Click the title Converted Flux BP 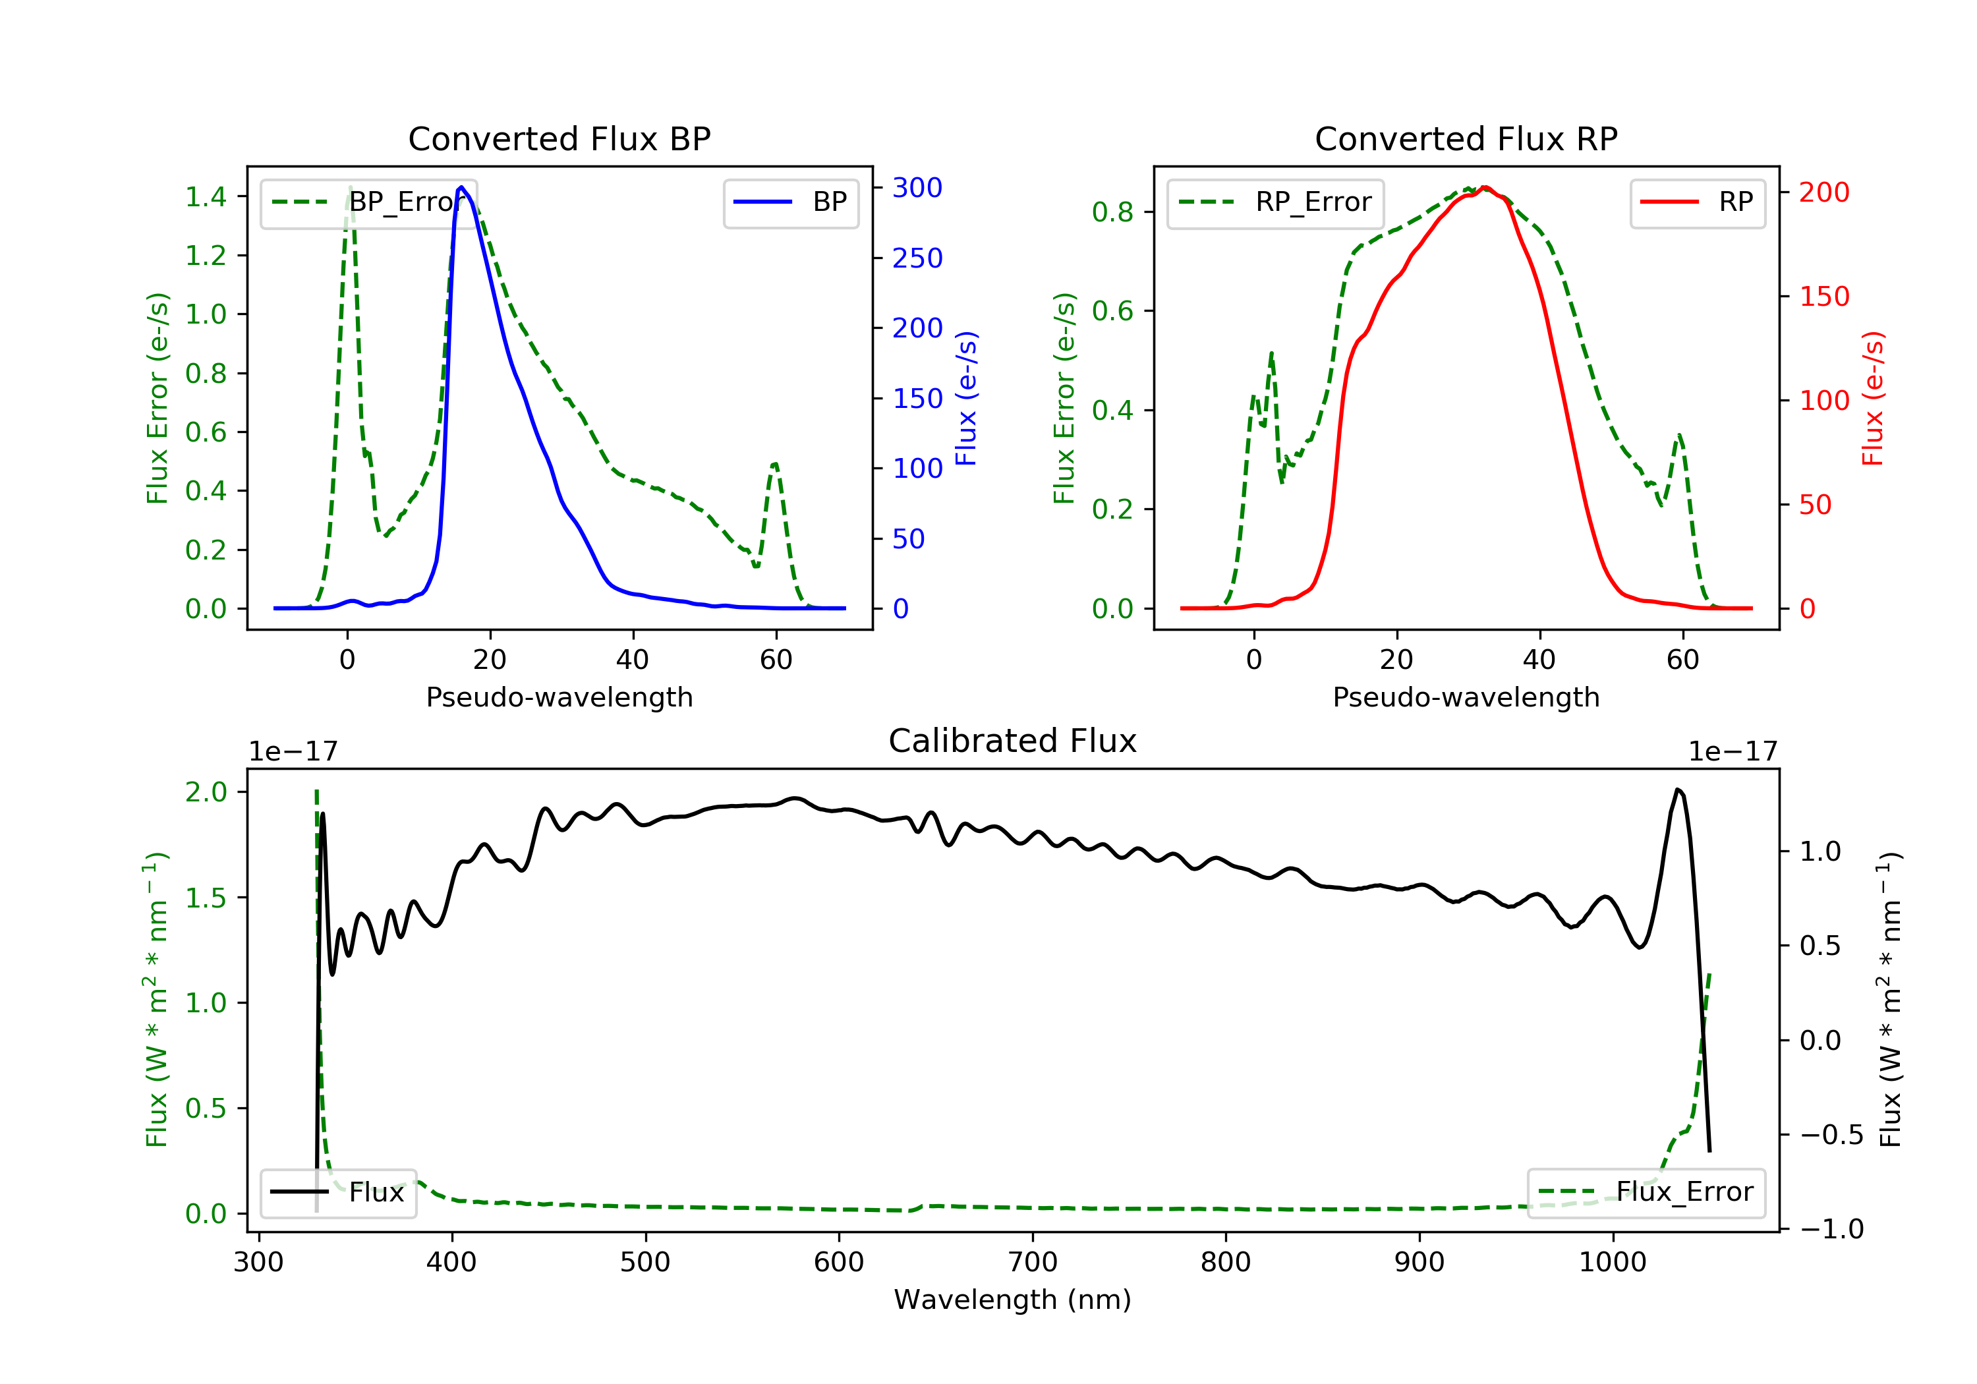[x=559, y=138]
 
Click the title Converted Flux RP [x=1466, y=138]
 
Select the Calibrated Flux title [x=1013, y=741]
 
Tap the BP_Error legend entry [x=368, y=202]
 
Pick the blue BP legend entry [x=790, y=202]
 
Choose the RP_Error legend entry [x=1275, y=202]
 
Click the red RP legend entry [x=1697, y=202]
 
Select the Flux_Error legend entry [x=1646, y=1192]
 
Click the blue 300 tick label [x=917, y=188]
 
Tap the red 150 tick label [x=1823, y=297]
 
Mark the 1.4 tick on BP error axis [x=206, y=197]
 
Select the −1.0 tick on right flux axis [x=1831, y=1229]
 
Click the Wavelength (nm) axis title [x=1013, y=1300]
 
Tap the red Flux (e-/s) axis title [x=1873, y=398]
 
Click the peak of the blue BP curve [x=461, y=187]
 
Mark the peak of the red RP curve [x=1485, y=187]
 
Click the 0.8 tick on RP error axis [x=1112, y=212]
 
